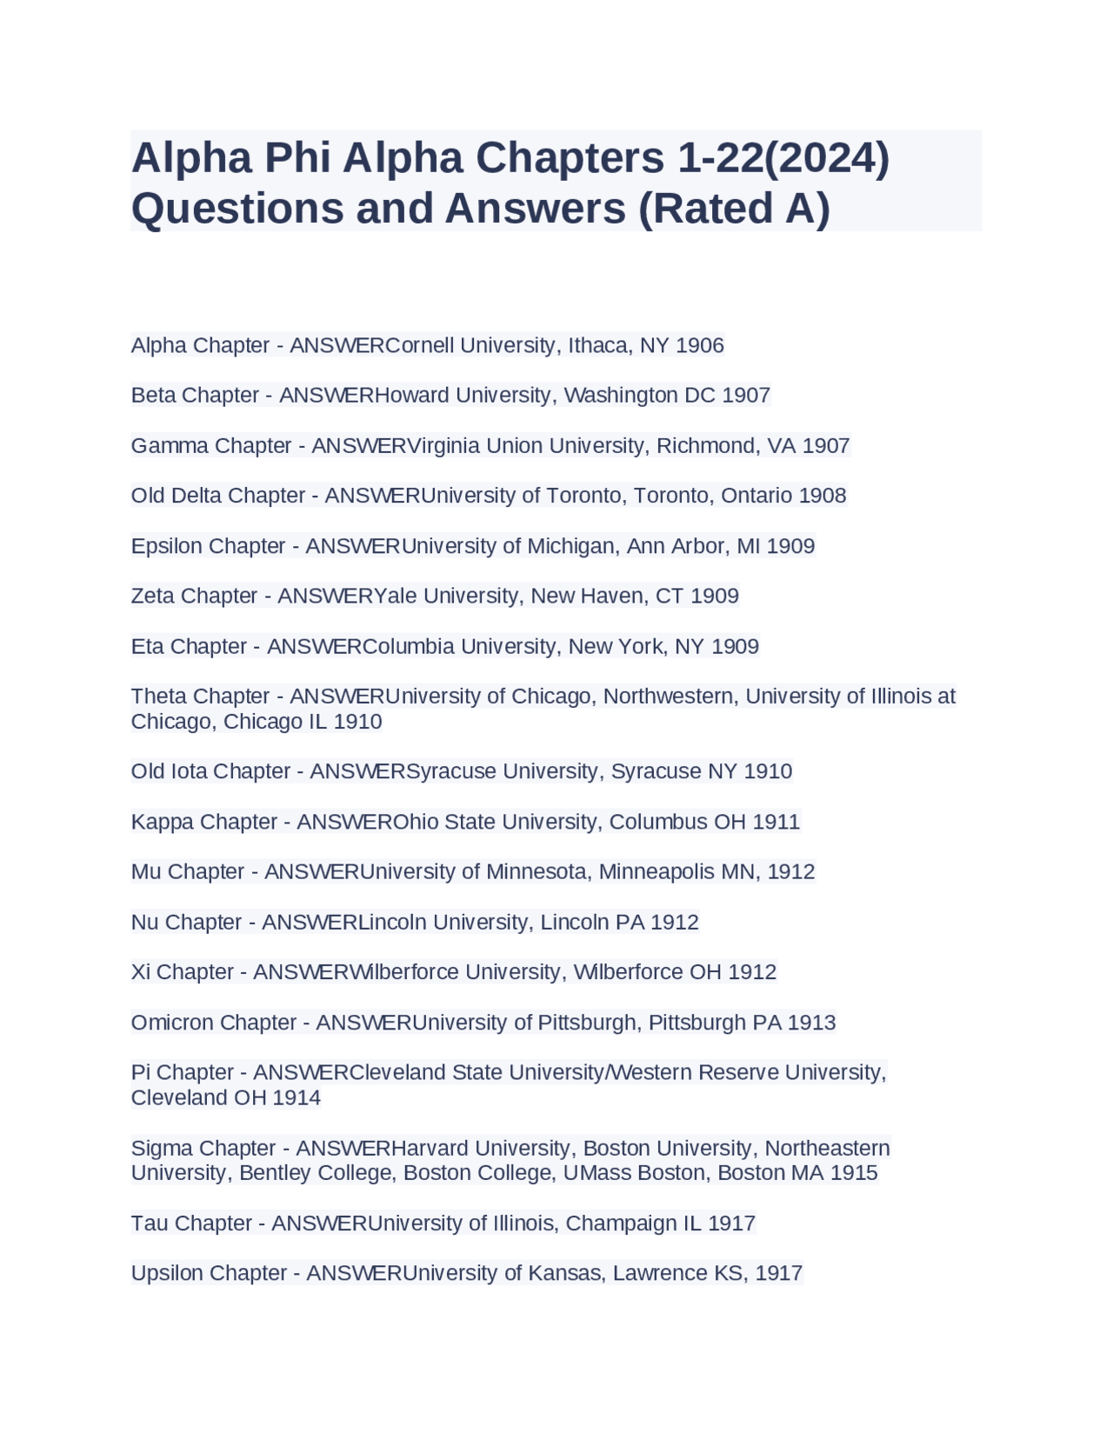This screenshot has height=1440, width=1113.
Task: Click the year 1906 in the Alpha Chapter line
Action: click(x=700, y=345)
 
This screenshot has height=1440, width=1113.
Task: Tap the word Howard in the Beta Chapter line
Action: click(x=412, y=395)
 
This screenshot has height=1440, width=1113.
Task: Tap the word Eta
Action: click(x=147, y=646)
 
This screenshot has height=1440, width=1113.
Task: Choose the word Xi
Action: click(x=141, y=971)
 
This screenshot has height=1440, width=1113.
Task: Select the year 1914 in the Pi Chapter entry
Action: click(x=297, y=1097)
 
